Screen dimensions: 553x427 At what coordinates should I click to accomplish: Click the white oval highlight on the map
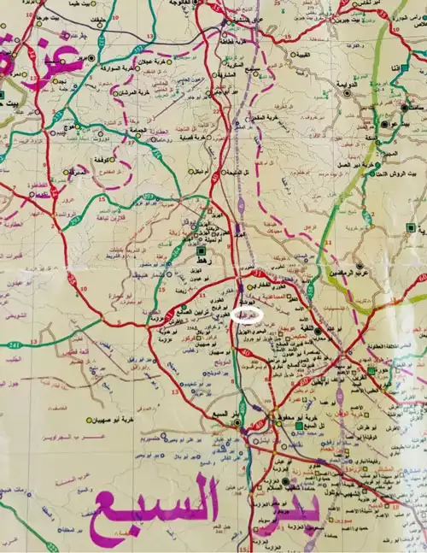pyautogui.click(x=249, y=315)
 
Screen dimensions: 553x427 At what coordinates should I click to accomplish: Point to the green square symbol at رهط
pyautogui.click(x=202, y=253)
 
